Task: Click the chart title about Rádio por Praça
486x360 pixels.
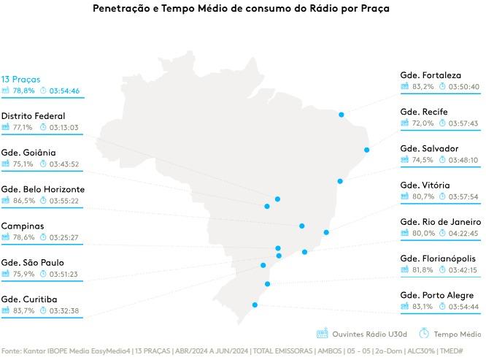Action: (x=242, y=9)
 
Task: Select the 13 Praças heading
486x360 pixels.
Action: (x=20, y=79)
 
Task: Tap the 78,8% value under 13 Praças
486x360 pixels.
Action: (x=23, y=91)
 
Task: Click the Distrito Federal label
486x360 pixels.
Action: (x=33, y=115)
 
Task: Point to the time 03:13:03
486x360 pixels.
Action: (x=64, y=127)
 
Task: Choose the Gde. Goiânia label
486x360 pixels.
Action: (x=28, y=153)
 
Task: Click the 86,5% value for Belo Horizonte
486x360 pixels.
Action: (x=23, y=201)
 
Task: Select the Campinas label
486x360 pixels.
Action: (x=22, y=226)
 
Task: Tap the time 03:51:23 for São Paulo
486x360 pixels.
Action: (x=63, y=275)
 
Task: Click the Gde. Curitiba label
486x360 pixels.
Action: (x=29, y=299)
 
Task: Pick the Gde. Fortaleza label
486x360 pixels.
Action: (x=431, y=75)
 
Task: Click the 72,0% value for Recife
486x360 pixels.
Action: (x=423, y=123)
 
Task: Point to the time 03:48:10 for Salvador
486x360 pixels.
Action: (x=463, y=160)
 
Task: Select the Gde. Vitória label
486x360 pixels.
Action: (x=425, y=185)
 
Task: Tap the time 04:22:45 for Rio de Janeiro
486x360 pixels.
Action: (x=463, y=234)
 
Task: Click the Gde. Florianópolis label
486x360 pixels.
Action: (x=438, y=258)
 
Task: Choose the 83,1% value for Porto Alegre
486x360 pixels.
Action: (x=423, y=307)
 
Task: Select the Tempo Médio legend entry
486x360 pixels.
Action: (x=457, y=334)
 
